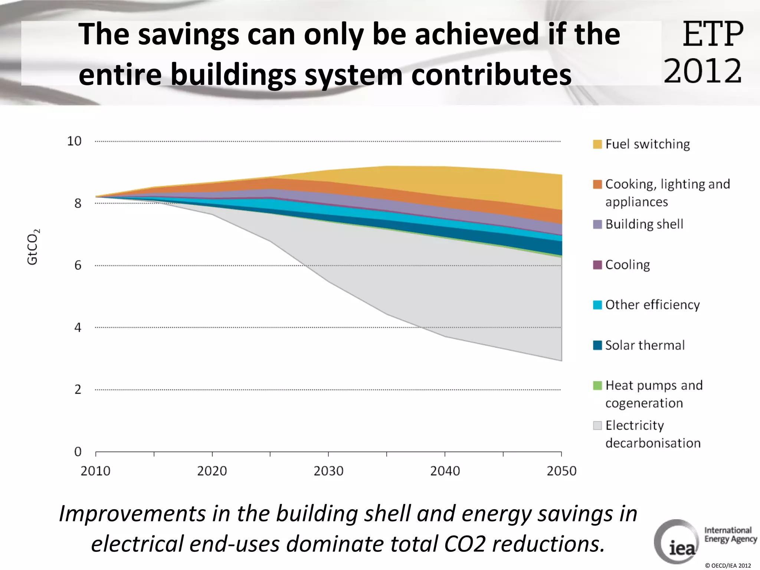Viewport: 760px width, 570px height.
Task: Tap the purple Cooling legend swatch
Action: (x=597, y=265)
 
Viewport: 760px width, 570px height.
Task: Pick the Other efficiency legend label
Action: (x=652, y=305)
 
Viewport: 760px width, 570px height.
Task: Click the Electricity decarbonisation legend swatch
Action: (x=597, y=425)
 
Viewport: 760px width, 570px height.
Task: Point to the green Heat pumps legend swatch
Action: (x=597, y=385)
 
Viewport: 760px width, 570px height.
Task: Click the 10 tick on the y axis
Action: (x=74, y=141)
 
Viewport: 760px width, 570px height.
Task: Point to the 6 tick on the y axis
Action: (x=78, y=265)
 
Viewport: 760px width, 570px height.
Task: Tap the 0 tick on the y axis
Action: (x=78, y=452)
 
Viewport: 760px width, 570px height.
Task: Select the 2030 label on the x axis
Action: (x=328, y=471)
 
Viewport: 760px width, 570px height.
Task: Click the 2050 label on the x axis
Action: (x=561, y=471)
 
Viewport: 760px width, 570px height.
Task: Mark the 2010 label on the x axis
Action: (x=95, y=471)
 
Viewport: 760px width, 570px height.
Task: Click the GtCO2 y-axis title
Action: (x=33, y=247)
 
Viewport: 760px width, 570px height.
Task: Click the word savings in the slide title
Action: (x=189, y=34)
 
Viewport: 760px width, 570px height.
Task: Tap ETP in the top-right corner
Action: (x=712, y=34)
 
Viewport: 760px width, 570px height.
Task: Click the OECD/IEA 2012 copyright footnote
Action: (x=728, y=566)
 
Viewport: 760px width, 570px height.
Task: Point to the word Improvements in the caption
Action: (x=132, y=514)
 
